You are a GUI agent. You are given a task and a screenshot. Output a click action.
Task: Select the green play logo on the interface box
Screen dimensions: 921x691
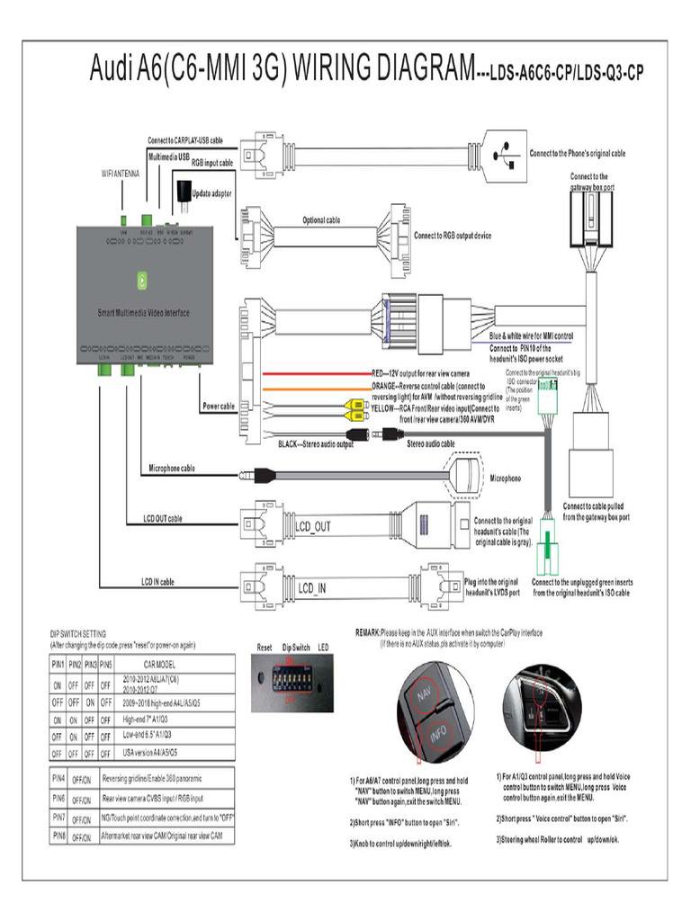(142, 280)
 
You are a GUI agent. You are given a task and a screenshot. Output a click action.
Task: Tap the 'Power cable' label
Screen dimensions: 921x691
(219, 407)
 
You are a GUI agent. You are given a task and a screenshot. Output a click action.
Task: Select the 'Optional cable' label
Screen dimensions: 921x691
(321, 220)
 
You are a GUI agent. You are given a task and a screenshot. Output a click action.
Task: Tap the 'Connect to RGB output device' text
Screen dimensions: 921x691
(453, 236)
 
